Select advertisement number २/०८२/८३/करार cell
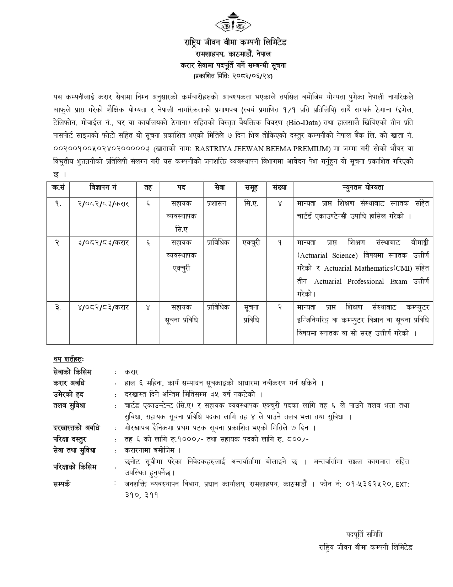103,204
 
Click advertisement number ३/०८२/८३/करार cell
103,243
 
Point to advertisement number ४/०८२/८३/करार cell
103,307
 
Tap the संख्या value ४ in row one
280,204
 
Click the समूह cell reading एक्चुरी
251,243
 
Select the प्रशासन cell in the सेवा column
216,204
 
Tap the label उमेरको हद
68,394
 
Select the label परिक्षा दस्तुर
70,439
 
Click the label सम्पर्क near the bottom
61,484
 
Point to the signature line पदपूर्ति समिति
364,534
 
